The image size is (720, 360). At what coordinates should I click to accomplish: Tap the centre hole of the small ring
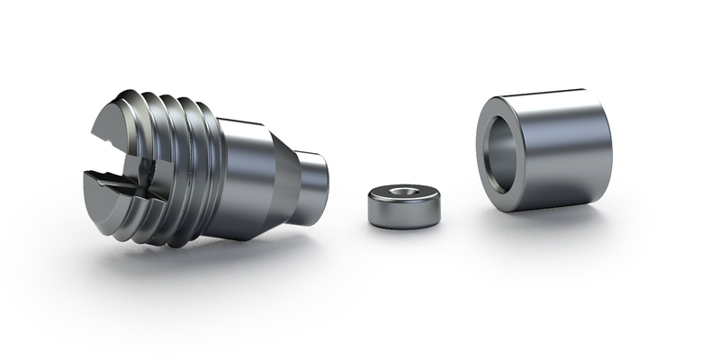click(x=401, y=191)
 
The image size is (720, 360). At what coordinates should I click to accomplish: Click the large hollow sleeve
click(x=544, y=148)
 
